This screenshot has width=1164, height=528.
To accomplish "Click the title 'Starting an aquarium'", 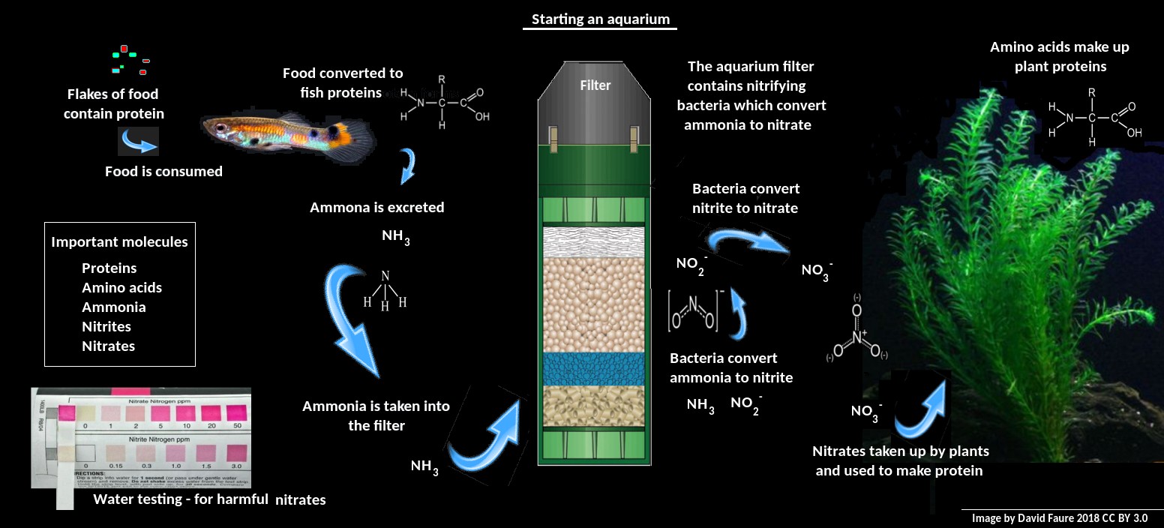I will pyautogui.click(x=600, y=19).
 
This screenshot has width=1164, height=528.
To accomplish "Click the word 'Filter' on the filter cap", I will pyautogui.click(x=595, y=85).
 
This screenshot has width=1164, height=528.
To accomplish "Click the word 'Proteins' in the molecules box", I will pyautogui.click(x=109, y=268).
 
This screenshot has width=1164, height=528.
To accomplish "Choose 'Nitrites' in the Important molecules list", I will pyautogui.click(x=106, y=326).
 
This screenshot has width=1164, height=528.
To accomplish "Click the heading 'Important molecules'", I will pyautogui.click(x=119, y=242).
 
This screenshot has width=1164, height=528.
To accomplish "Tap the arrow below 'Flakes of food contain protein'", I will pyautogui.click(x=138, y=141).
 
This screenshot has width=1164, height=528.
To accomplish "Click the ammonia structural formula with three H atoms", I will pyautogui.click(x=385, y=292).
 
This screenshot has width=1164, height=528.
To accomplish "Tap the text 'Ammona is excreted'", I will pyautogui.click(x=376, y=207).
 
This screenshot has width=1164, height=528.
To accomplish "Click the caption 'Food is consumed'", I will pyautogui.click(x=163, y=171).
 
